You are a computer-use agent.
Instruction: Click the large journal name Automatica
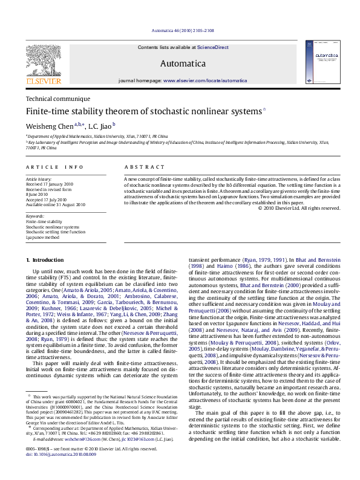[183, 63]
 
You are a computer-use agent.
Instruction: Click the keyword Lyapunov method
[42, 238]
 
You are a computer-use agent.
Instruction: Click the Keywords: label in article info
[35, 216]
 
